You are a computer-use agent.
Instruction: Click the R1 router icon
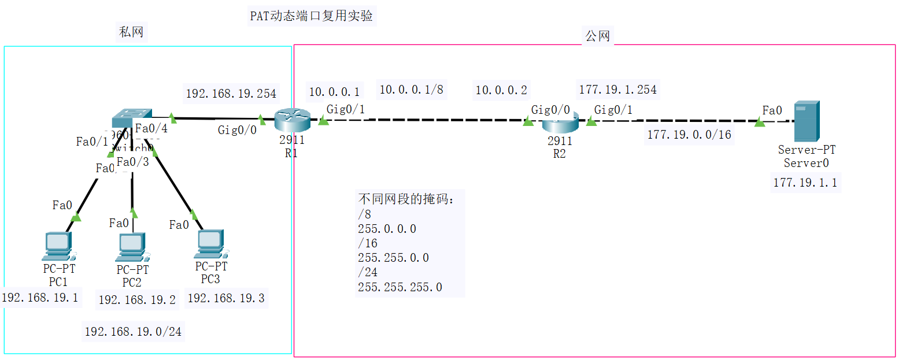click(x=292, y=120)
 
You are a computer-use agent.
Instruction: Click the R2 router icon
click(x=560, y=122)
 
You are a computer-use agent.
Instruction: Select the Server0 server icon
click(x=806, y=121)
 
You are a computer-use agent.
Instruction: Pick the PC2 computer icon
click(x=132, y=247)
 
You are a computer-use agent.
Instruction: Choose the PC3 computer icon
click(x=210, y=244)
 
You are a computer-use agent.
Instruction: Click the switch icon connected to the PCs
click(x=132, y=117)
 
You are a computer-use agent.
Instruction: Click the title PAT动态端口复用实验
click(x=311, y=16)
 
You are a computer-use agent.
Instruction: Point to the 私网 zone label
click(x=131, y=32)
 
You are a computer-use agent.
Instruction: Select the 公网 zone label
click(x=597, y=36)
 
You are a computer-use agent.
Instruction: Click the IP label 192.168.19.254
click(x=231, y=94)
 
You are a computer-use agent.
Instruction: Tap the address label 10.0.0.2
click(x=501, y=90)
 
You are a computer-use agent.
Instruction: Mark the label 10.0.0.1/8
click(x=411, y=90)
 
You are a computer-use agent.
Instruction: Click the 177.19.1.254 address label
click(x=617, y=90)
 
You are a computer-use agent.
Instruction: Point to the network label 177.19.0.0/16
click(x=689, y=135)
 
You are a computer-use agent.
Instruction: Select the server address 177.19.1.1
click(x=805, y=183)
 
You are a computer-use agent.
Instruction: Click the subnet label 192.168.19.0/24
click(x=133, y=332)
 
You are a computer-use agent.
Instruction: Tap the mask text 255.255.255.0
click(x=400, y=287)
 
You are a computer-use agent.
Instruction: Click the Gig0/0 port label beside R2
click(x=550, y=110)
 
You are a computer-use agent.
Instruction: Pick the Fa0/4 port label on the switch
click(x=151, y=128)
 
